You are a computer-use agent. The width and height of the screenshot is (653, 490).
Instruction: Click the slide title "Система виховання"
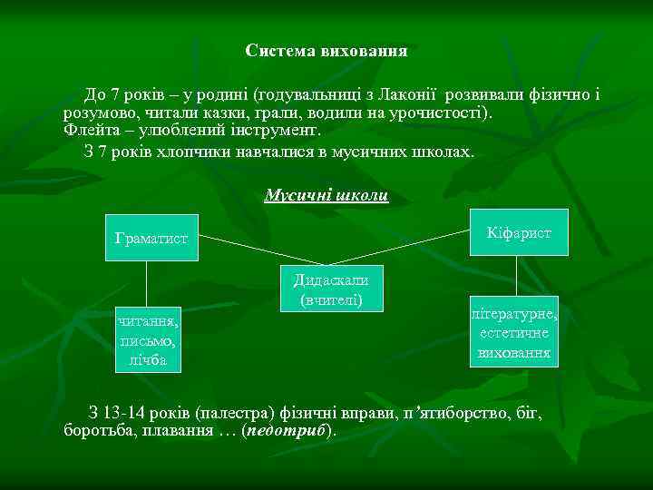coord(326,51)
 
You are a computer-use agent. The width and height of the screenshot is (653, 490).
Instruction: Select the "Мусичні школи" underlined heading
coord(326,195)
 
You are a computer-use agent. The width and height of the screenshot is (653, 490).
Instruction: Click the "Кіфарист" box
coord(518,233)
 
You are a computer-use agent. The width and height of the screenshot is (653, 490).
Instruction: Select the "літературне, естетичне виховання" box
coord(513,332)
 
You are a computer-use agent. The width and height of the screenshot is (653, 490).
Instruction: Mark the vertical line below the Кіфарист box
coord(516,276)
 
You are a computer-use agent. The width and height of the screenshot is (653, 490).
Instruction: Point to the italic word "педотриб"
coord(294,430)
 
